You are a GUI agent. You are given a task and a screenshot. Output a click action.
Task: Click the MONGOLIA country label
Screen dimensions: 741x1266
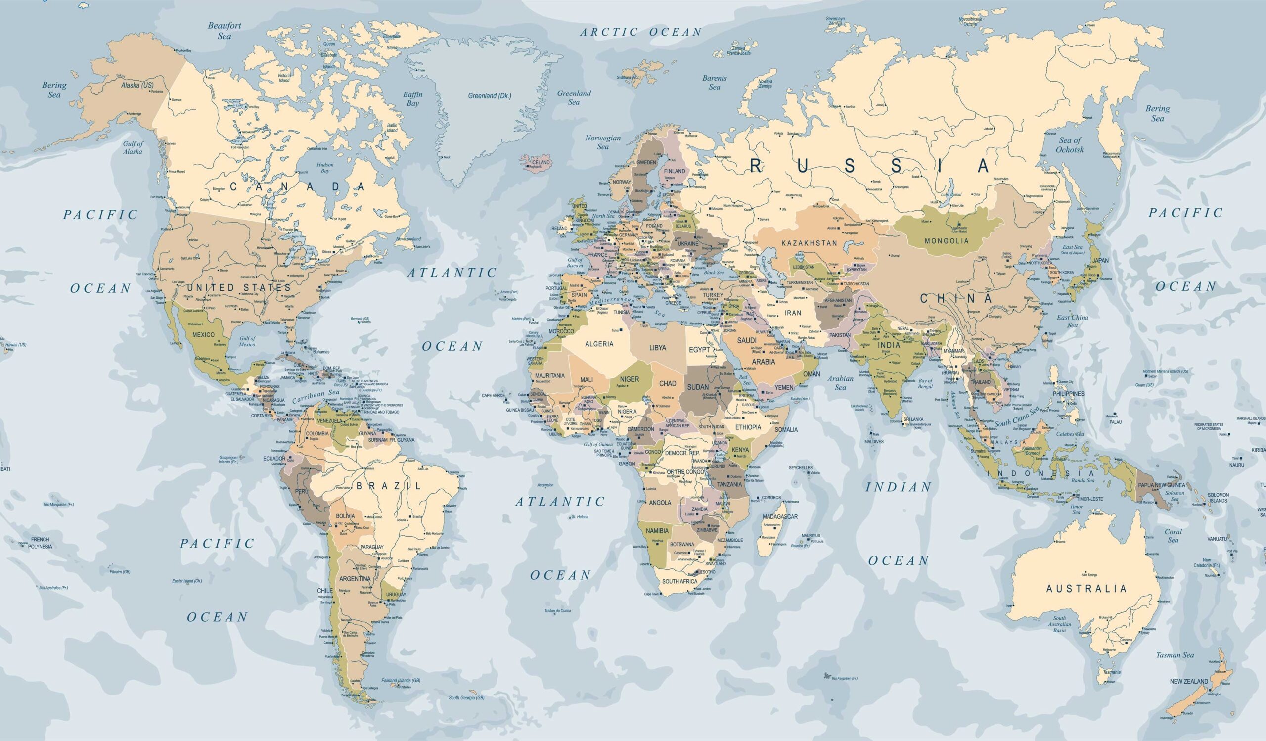tap(947, 240)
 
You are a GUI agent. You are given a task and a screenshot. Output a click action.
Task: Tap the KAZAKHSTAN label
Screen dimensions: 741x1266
tap(810, 243)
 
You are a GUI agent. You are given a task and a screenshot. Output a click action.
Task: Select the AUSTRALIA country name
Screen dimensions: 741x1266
tap(1086, 588)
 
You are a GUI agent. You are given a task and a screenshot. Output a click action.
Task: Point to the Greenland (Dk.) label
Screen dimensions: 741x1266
tap(489, 96)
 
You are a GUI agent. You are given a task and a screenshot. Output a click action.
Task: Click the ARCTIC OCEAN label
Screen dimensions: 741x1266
tap(641, 32)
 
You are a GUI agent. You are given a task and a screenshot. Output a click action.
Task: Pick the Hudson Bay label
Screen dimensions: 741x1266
tap(325, 168)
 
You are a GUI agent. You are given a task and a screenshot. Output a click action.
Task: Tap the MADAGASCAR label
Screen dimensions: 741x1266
tap(780, 516)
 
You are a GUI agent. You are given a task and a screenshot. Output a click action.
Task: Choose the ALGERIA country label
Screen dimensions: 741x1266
tap(599, 344)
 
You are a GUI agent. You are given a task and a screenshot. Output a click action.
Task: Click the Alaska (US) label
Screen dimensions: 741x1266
tap(137, 86)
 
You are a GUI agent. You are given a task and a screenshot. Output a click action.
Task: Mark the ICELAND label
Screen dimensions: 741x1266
tap(541, 163)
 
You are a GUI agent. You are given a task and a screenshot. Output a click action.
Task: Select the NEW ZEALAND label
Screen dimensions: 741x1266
tap(1189, 681)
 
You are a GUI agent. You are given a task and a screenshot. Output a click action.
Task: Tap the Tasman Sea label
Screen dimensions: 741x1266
tap(1175, 655)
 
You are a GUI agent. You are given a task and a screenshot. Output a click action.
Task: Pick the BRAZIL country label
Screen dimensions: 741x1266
tap(388, 486)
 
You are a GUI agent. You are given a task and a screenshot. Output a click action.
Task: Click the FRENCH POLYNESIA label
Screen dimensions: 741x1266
tap(40, 543)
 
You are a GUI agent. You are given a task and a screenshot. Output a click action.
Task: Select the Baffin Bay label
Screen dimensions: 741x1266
tap(412, 99)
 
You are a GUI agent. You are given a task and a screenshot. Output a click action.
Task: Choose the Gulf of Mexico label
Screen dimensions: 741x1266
tap(247, 341)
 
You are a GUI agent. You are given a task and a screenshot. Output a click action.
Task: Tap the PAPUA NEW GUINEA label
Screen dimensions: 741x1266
tap(1162, 485)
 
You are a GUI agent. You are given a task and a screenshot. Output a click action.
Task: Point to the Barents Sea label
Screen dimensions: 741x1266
tap(715, 83)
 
